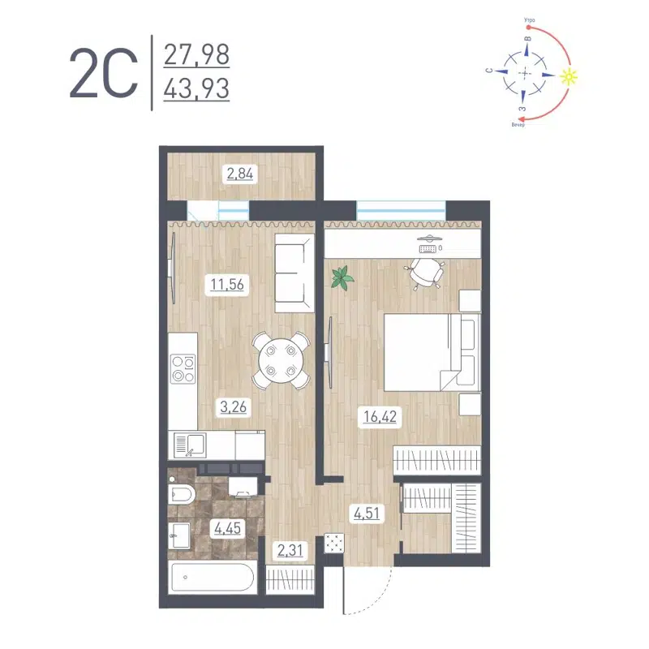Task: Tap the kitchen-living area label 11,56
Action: (228, 285)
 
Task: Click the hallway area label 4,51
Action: (364, 513)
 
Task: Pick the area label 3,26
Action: (232, 407)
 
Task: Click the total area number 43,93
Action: (196, 87)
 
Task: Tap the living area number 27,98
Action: (196, 55)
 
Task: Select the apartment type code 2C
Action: (105, 72)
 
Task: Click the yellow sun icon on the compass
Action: (571, 76)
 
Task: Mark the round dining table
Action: (281, 359)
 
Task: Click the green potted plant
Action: (342, 277)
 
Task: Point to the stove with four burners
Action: (183, 370)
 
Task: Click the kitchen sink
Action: (190, 445)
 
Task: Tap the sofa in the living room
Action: (293, 273)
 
